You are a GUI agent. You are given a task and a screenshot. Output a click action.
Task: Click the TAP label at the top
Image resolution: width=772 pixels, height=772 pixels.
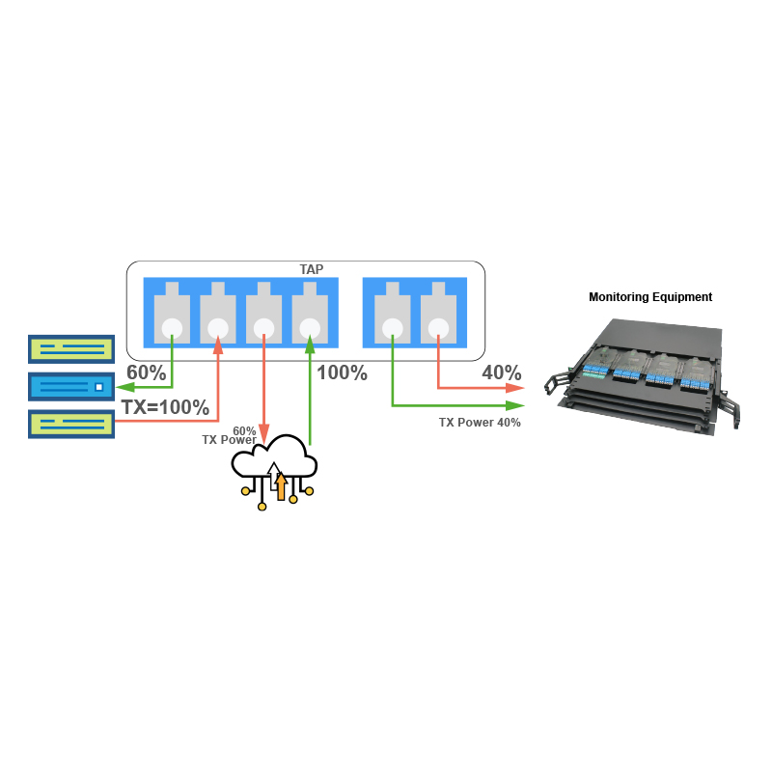[x=312, y=270]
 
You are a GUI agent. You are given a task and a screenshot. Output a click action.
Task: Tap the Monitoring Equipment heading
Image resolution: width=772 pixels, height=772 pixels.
[x=650, y=297]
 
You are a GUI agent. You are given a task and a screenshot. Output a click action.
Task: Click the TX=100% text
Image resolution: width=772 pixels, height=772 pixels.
[x=164, y=407]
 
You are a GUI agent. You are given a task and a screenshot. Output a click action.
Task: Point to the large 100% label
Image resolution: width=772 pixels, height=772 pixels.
[x=342, y=372]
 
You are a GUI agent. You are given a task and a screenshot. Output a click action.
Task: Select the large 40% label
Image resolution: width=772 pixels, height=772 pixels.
[x=502, y=372]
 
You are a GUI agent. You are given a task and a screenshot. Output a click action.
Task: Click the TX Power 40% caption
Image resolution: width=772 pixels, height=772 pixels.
[x=480, y=423]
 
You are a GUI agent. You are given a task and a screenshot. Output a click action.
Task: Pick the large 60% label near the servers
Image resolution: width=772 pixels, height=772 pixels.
[x=147, y=372]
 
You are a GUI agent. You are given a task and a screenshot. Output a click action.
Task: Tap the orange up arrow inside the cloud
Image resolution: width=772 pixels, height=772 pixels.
[x=281, y=482]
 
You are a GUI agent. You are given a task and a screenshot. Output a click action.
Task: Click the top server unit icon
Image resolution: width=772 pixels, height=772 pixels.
[x=71, y=348]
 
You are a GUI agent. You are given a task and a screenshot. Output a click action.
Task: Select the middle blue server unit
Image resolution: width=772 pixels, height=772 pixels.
[x=71, y=386]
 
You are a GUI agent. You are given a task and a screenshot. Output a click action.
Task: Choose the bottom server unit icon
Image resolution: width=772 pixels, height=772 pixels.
[x=71, y=424]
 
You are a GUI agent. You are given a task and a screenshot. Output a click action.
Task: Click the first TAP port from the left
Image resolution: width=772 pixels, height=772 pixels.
[x=173, y=315]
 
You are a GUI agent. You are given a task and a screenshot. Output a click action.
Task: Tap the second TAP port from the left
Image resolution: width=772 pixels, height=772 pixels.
[x=218, y=315]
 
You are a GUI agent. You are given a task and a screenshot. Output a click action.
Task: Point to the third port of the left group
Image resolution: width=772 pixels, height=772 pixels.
[x=264, y=315]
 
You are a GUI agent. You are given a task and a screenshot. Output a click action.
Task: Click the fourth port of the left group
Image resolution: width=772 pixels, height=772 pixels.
[x=311, y=315]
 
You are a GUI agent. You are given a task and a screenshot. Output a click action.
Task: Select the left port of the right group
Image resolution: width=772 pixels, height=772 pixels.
[x=393, y=315]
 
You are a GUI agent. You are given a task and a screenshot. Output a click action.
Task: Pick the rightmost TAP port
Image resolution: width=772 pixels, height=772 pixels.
[x=438, y=315]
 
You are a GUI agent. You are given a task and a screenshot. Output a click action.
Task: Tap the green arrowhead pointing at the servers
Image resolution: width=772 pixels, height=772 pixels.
[x=124, y=386]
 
